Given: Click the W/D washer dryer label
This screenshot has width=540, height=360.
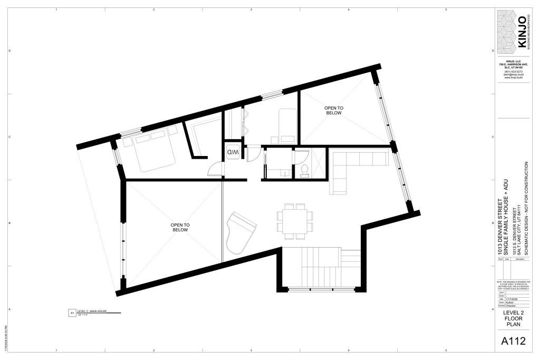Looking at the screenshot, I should tap(233, 152).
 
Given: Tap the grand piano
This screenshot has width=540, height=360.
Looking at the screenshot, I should tap(240, 232).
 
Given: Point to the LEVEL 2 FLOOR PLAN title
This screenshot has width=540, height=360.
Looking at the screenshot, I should tap(513, 318).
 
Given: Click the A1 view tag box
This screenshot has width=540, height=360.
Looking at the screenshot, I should tap(72, 313).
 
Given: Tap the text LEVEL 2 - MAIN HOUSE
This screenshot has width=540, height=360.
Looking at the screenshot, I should tap(92, 312).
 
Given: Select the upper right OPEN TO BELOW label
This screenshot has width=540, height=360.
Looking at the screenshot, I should tap(333, 110).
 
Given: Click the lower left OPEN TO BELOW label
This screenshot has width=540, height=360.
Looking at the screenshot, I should tap(180, 227).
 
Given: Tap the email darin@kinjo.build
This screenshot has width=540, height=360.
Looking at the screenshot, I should tap(513, 75).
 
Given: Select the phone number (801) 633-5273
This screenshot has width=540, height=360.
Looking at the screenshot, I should tap(513, 72).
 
